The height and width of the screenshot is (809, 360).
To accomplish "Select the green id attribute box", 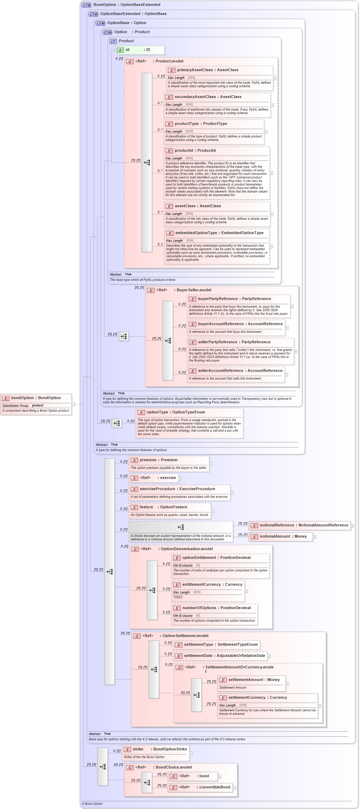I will pos(140,50).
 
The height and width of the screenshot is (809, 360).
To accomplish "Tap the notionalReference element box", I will pos(299,525).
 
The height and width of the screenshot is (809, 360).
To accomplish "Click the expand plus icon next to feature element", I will pos(212,511).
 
